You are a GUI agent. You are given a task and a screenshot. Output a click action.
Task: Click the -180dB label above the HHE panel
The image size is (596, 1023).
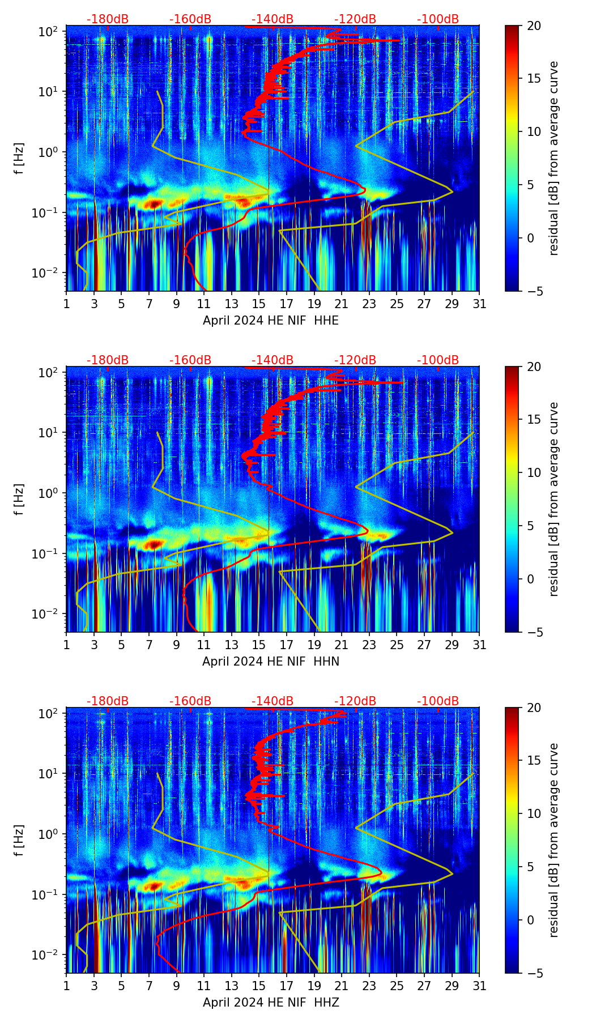(x=108, y=19)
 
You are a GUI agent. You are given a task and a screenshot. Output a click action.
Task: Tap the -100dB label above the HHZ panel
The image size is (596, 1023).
(x=438, y=701)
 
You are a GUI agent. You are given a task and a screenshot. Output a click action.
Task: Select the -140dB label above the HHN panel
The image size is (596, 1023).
(x=273, y=360)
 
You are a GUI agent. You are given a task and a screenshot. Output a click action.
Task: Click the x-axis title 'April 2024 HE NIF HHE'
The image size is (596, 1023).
(x=271, y=321)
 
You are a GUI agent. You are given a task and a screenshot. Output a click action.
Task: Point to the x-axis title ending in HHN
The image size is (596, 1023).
(x=271, y=662)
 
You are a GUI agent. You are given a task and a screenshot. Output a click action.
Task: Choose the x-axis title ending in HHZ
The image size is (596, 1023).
(x=271, y=1003)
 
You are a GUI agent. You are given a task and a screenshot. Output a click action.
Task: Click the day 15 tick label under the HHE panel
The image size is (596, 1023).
(x=259, y=304)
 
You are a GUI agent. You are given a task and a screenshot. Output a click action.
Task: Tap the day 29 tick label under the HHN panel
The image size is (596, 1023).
(x=452, y=645)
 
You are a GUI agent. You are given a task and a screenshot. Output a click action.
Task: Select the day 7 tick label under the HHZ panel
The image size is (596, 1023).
(x=149, y=986)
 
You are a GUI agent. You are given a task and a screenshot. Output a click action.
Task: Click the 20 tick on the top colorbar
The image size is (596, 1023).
(x=534, y=25)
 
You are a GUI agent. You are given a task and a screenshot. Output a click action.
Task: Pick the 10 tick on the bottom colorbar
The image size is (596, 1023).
(x=534, y=813)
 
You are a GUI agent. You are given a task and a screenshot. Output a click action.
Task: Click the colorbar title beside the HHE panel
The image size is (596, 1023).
(x=554, y=158)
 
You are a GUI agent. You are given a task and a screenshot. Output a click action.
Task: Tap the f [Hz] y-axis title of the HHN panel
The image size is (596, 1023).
(x=20, y=499)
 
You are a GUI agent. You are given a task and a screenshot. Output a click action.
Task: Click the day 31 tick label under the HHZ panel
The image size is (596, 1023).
(x=479, y=986)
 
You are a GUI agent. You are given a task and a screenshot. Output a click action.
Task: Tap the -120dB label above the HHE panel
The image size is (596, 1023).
(x=355, y=19)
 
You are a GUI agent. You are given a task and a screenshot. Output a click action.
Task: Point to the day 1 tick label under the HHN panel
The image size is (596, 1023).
(x=67, y=645)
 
